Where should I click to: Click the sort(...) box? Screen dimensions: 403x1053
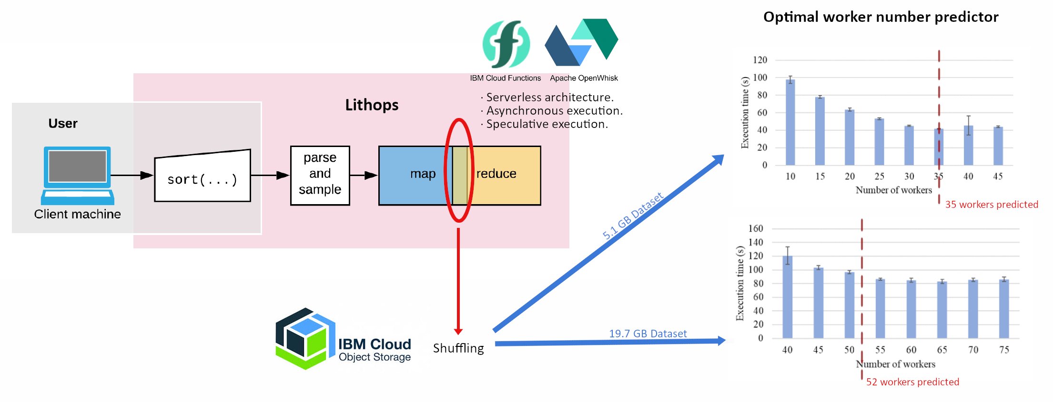[x=202, y=177]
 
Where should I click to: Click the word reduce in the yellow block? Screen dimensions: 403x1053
[x=496, y=174]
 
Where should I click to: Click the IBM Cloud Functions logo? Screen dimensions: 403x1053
[x=506, y=44]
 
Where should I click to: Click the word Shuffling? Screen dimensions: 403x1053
[x=458, y=348]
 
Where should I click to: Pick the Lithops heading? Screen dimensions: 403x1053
[x=372, y=105]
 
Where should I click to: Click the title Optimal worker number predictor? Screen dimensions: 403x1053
[x=881, y=17]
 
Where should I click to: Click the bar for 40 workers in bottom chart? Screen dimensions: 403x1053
[x=787, y=297]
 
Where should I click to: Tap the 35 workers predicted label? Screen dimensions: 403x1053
[x=991, y=205]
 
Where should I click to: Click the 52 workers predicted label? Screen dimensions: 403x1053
[x=912, y=382]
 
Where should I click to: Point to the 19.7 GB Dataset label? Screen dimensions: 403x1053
[x=648, y=334]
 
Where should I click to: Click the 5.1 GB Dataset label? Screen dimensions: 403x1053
[x=633, y=216]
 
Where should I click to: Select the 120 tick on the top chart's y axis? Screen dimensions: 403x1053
[x=760, y=60]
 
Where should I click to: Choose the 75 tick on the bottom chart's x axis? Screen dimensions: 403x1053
[x=1004, y=350]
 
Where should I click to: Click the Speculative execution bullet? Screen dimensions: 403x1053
[x=546, y=124]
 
